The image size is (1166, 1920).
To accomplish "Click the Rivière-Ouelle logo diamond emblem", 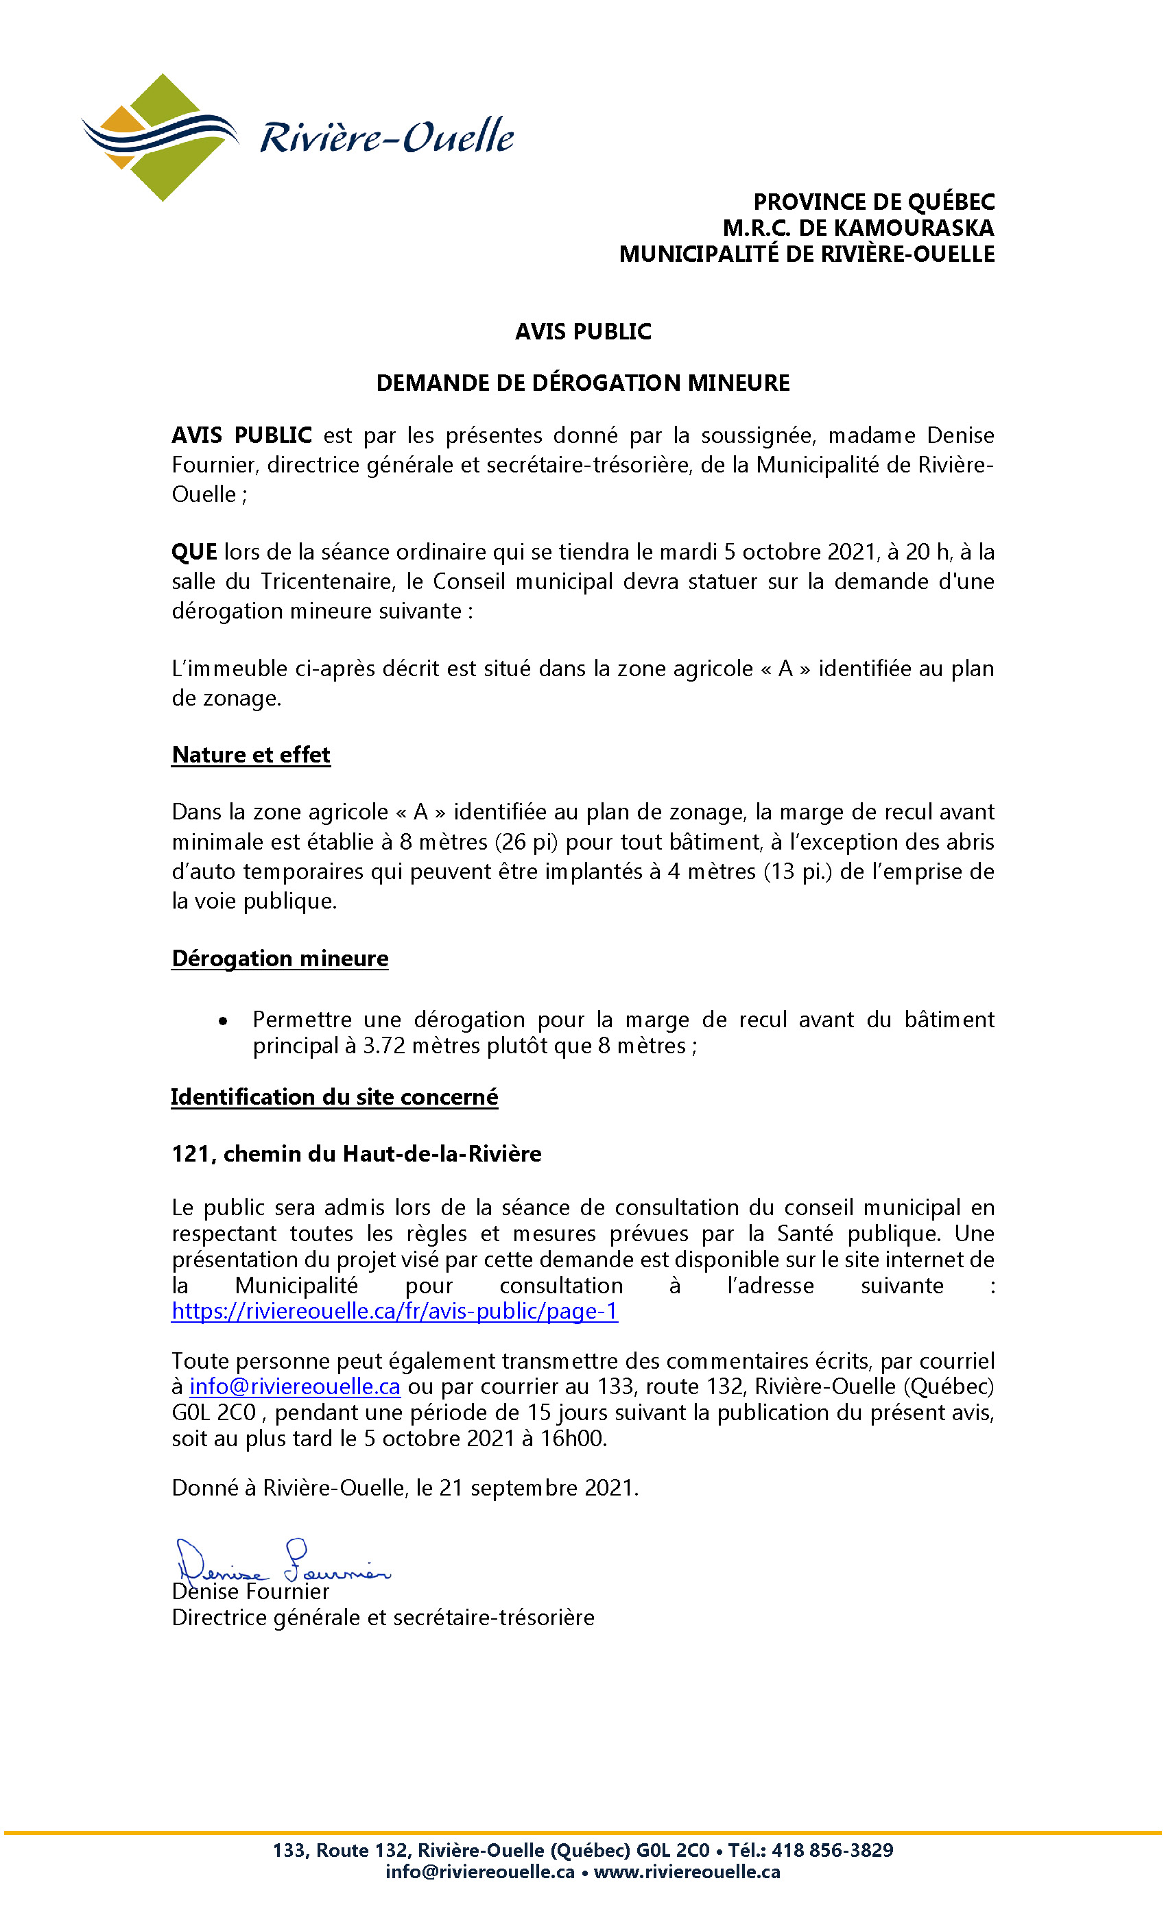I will tap(159, 137).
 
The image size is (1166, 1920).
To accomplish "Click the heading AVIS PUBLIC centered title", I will tap(582, 332).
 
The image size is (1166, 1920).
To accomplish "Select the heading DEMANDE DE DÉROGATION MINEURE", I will tap(582, 383).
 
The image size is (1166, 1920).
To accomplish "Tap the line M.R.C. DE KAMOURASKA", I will tap(857, 228).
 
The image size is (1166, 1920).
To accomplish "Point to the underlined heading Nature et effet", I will tap(251, 755).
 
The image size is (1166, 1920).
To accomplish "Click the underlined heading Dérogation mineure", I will tap(280, 959).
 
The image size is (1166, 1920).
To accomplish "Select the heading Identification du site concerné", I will tap(335, 1097).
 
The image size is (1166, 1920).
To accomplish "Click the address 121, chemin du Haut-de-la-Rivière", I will tap(356, 1154).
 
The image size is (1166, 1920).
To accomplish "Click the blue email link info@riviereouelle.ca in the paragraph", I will tap(295, 1387).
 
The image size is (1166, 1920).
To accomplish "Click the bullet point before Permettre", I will tap(223, 1022).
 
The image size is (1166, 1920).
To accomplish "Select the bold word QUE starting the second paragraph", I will tap(194, 553).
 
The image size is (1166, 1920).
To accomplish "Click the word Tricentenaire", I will tap(326, 582).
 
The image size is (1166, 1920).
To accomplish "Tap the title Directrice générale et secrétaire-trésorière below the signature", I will tap(383, 1618).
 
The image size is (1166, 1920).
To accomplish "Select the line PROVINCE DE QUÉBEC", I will tap(873, 202).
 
